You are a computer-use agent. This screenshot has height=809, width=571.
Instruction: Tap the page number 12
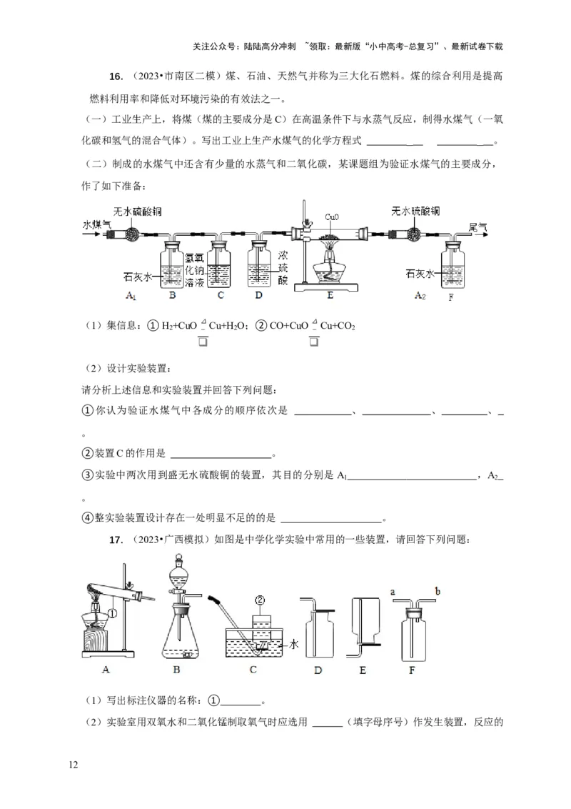tap(73, 765)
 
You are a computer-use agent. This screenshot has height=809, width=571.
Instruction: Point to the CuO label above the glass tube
tap(332, 216)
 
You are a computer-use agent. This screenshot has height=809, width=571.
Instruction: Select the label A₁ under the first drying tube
tap(131, 295)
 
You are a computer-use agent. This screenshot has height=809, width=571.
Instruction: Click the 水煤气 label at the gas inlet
tap(97, 224)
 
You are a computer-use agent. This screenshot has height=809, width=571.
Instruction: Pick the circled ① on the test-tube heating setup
tap(112, 612)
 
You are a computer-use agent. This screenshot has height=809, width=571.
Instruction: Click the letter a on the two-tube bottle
tap(393, 591)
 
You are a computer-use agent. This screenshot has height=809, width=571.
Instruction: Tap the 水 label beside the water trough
tap(293, 644)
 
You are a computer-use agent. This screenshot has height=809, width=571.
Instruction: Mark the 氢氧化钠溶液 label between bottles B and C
tap(194, 270)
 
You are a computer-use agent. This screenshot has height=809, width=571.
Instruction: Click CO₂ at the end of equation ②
tap(344, 326)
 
